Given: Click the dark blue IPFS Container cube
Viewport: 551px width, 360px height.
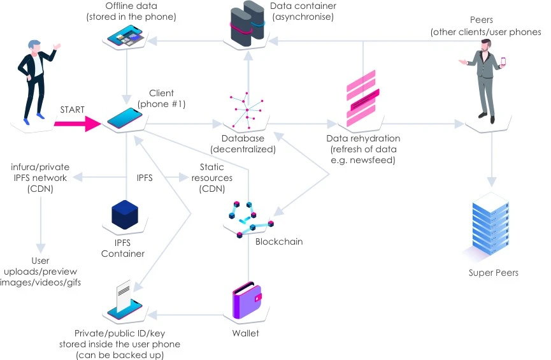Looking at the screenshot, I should pyautogui.click(x=124, y=215).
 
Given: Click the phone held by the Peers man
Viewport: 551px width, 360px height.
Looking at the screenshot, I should pyautogui.click(x=503, y=62).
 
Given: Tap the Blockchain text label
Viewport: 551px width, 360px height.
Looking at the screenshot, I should pyautogui.click(x=279, y=241).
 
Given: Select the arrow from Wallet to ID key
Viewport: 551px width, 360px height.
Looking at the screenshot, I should pyautogui.click(x=188, y=315).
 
